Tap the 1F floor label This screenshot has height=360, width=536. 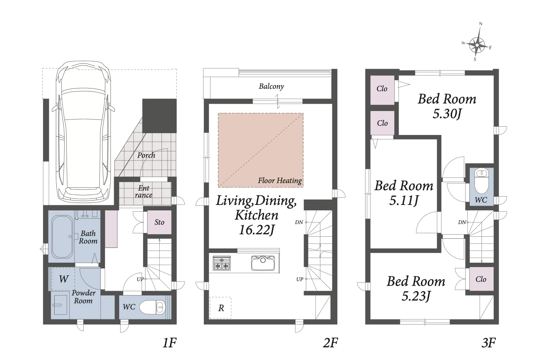pos(170,343)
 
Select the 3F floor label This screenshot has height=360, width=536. pos(489,343)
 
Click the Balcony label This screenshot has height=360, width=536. pos(271,86)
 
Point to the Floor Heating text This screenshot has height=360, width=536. pos(280,180)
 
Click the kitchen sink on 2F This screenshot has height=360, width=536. pos(263,263)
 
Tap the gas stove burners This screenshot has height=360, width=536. pos(222,263)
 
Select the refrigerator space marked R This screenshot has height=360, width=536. pos(221,308)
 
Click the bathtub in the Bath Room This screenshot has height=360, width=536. pos(62,237)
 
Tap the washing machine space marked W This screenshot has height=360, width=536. pos(63,279)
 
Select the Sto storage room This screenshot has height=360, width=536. pos(159,222)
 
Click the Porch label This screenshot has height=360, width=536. pos(146,155)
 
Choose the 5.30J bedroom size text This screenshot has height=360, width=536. pos(447,114)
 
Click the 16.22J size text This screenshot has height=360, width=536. pos(256,230)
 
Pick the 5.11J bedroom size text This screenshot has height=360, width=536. pos(404,200)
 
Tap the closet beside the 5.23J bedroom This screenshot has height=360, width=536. pos(481,279)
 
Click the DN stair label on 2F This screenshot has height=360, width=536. pos(299,222)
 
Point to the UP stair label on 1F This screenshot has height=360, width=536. pos(140,279)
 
